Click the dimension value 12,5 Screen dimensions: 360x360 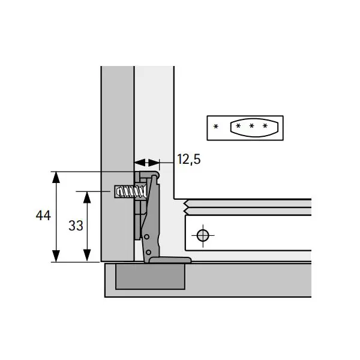tap(189, 159)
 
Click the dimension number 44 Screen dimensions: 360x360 tap(43, 215)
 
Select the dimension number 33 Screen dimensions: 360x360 tap(76, 226)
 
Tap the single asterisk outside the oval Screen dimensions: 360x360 tap(216, 126)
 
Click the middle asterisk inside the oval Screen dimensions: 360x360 tap(251, 126)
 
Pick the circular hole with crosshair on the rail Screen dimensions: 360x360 tap(203, 236)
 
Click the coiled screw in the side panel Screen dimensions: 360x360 tap(131, 191)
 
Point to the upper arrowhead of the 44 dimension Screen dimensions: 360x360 tap(56, 177)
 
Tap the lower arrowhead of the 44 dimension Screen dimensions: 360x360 tap(56, 256)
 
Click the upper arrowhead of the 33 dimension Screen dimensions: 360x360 tap(87, 197)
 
